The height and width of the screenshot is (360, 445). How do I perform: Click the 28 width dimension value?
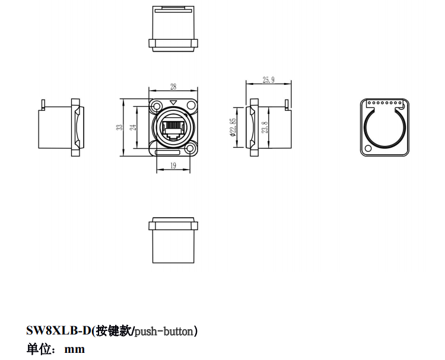tap(173, 87)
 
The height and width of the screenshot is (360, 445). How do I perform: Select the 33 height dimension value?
tap(119, 127)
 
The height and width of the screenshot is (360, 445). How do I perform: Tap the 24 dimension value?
tap(133, 127)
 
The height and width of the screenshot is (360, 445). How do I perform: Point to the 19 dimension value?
tap(173, 166)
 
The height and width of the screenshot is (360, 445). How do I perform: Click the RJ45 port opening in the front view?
tap(173, 129)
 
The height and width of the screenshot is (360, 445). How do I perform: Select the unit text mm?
tap(75, 349)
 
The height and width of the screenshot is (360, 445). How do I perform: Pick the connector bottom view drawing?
tap(173, 240)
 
